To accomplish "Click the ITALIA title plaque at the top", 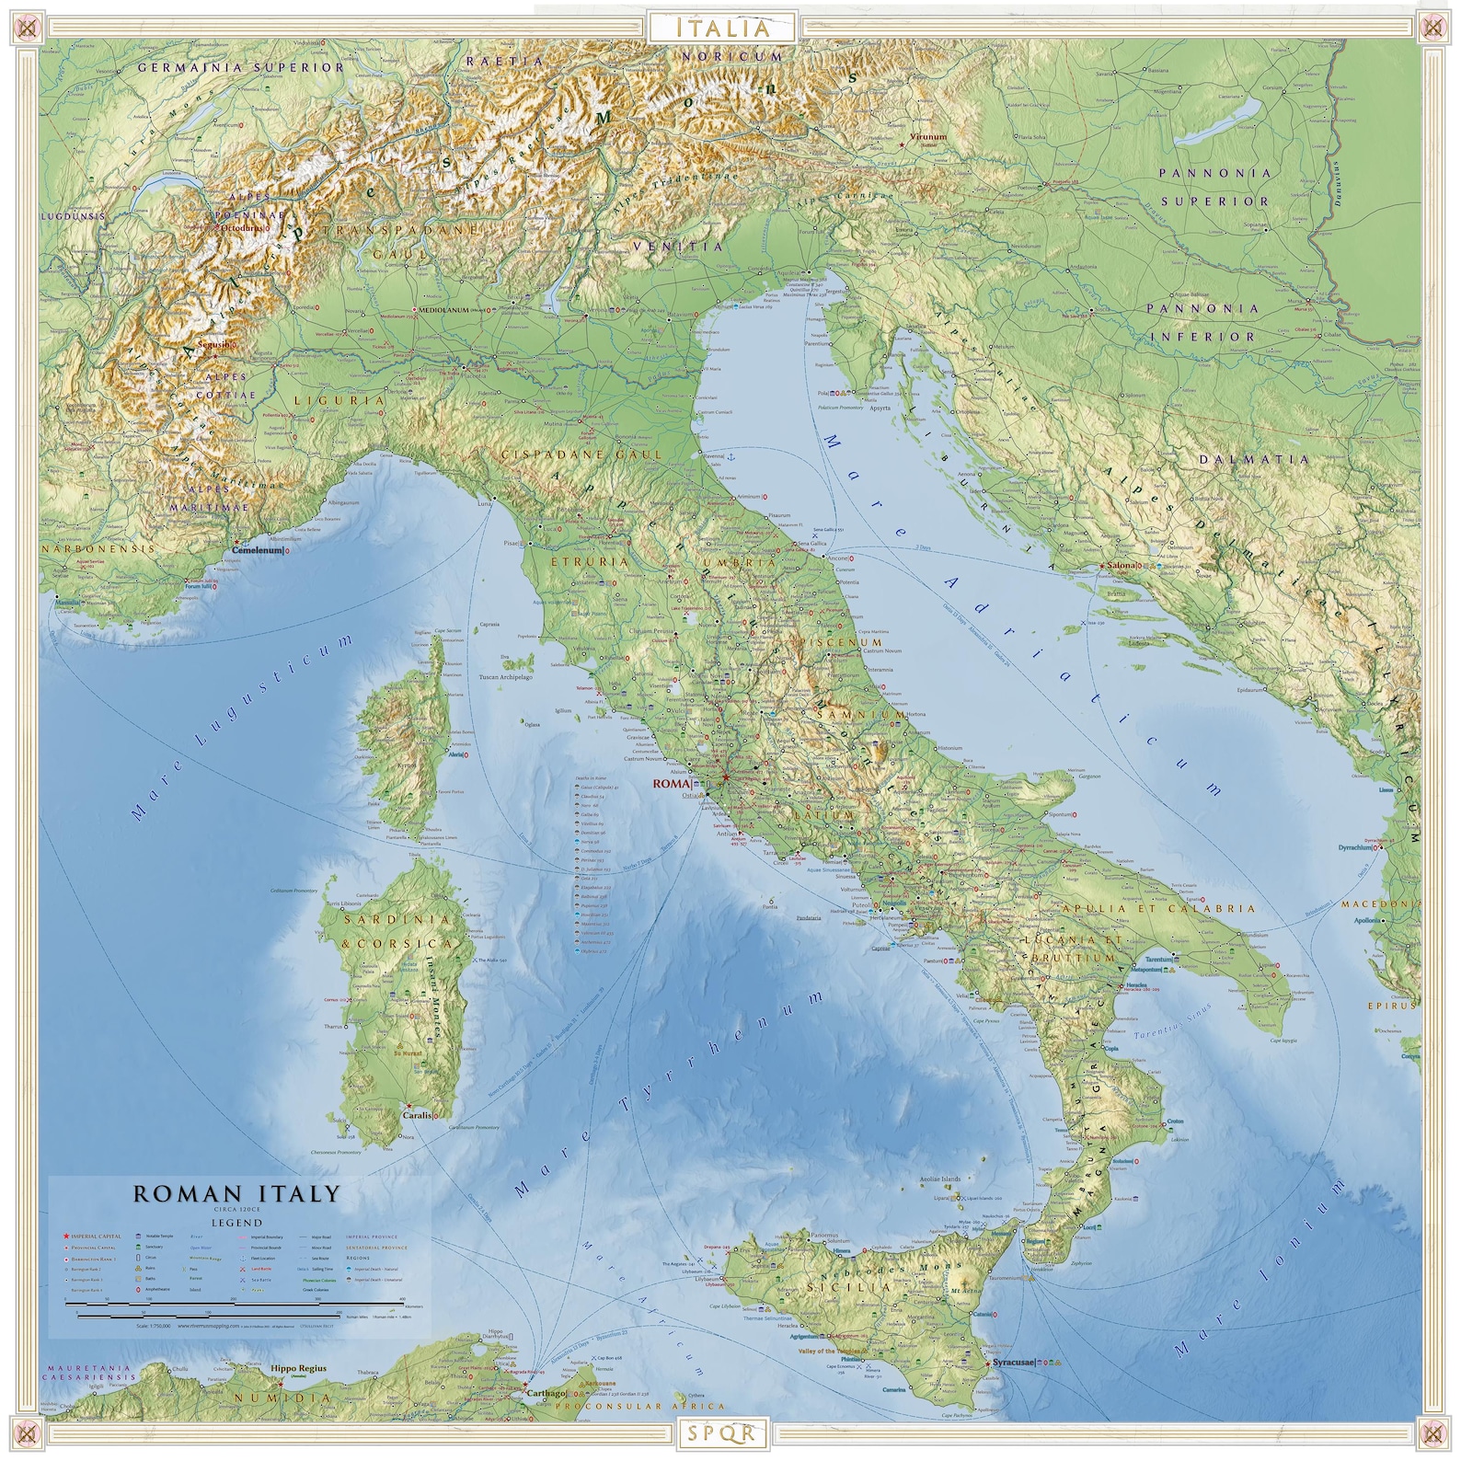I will click(x=723, y=28).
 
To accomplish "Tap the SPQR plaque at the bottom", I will click(x=722, y=1432).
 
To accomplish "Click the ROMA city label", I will click(x=669, y=784).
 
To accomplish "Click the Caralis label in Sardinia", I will click(x=417, y=1115).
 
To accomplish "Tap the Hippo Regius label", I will click(x=297, y=1369).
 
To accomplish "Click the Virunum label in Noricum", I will click(x=927, y=137).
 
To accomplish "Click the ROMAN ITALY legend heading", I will click(x=237, y=1194).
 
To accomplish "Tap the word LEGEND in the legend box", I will click(x=237, y=1223).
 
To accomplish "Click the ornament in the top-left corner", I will click(x=29, y=28).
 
